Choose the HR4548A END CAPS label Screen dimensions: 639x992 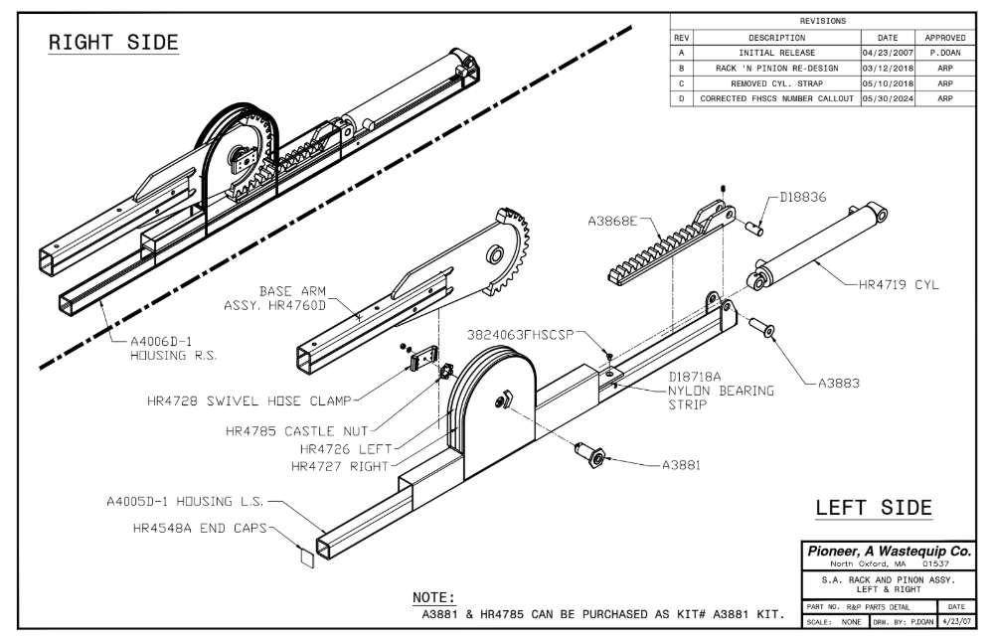[x=199, y=528]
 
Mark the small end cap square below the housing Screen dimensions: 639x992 [x=306, y=558]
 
